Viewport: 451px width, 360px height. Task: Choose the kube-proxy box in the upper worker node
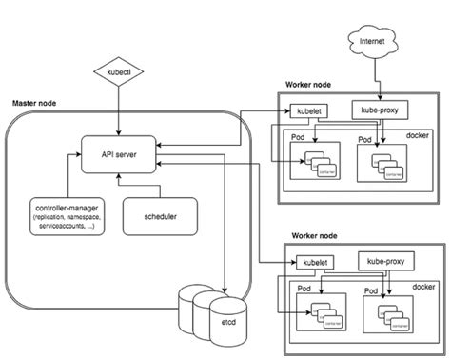point(378,110)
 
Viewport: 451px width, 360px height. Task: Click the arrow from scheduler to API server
point(160,186)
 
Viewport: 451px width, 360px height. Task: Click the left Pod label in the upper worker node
point(295,138)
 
